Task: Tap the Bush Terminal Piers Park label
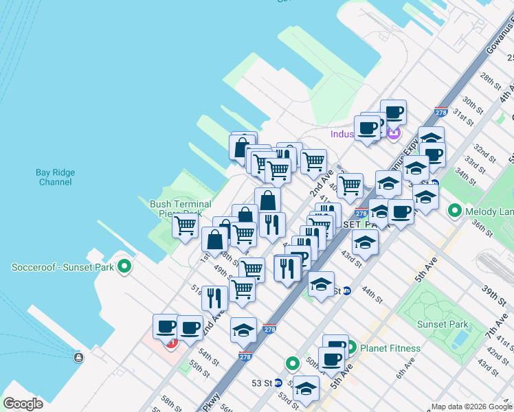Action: click(x=176, y=208)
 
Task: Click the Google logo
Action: click(x=23, y=404)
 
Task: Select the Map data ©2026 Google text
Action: click(x=471, y=407)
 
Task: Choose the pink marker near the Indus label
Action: click(x=393, y=133)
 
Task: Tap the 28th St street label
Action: click(x=491, y=80)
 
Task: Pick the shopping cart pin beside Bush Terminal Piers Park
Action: click(x=186, y=226)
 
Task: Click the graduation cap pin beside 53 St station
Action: click(x=306, y=389)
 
